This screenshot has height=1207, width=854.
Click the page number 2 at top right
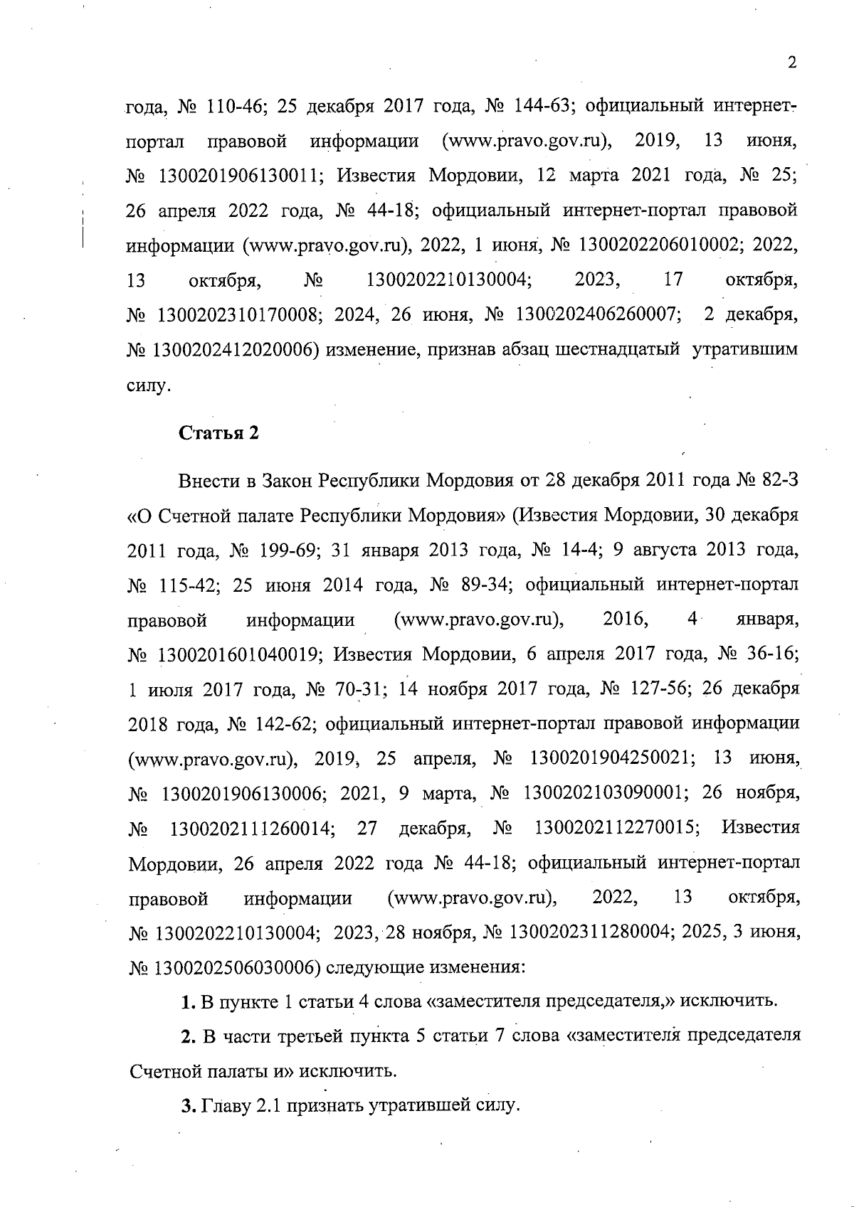[791, 63]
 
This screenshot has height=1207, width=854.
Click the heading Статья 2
[218, 434]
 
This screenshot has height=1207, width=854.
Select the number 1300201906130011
[238, 176]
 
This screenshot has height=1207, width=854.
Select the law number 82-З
[781, 479]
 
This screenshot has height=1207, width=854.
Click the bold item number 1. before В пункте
[189, 1002]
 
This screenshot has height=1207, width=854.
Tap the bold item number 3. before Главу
[189, 1106]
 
